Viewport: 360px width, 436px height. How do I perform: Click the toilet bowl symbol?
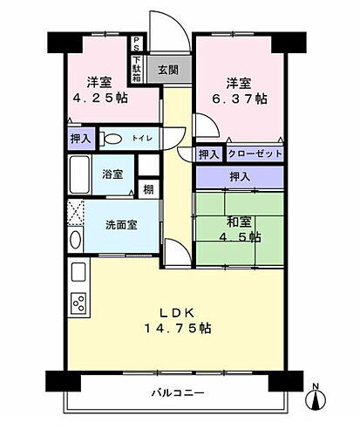point(111,139)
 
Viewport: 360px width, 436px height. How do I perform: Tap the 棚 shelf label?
point(150,187)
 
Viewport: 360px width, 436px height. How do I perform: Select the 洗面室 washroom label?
point(121,223)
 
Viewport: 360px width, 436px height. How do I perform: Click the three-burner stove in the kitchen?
point(78,304)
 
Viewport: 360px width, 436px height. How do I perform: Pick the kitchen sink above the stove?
point(77,274)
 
